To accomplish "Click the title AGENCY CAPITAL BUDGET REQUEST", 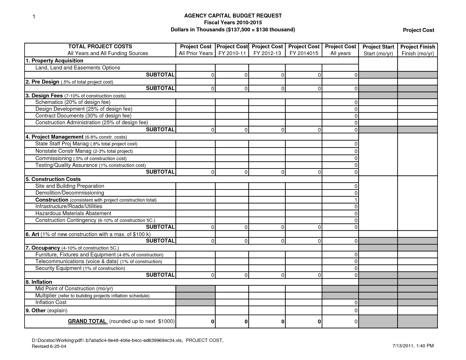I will tap(233, 16).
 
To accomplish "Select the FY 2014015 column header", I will tap(304, 50).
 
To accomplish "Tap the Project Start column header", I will tap(378, 50).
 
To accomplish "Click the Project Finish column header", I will tap(417, 50).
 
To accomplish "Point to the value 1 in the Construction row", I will tap(356, 200).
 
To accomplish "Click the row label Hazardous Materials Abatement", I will tap(73, 213).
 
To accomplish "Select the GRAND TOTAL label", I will tap(87, 321).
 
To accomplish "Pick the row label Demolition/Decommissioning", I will tap(69, 193).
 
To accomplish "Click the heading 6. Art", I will tap(32, 234).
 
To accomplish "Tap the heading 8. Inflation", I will tap(39, 282).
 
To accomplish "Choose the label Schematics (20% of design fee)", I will tap(73, 102).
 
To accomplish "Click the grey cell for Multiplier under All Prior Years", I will tap(195, 296).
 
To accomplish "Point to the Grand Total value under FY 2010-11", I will tap(246, 322).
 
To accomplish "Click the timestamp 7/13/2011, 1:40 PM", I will tap(413, 346).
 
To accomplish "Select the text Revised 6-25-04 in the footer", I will tap(49, 346).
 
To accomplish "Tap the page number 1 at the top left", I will tap(34, 17).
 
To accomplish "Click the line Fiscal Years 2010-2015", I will tap(233, 23).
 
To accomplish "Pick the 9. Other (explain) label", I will tap(46, 311).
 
